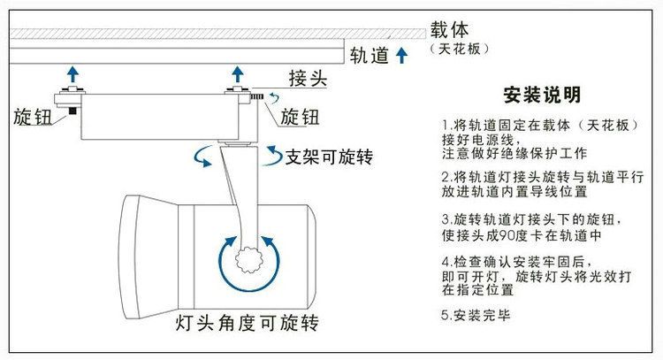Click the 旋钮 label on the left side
coord(32,116)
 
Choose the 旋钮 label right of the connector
coord(300,116)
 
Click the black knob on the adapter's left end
coord(65,111)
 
